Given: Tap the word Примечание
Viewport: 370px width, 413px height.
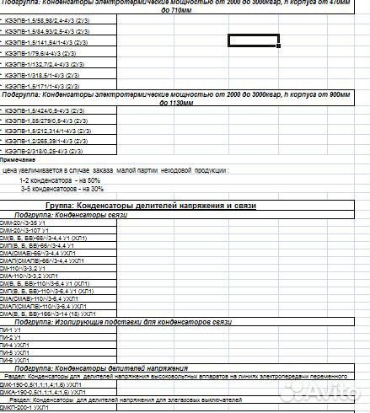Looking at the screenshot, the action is coord(18,160).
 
